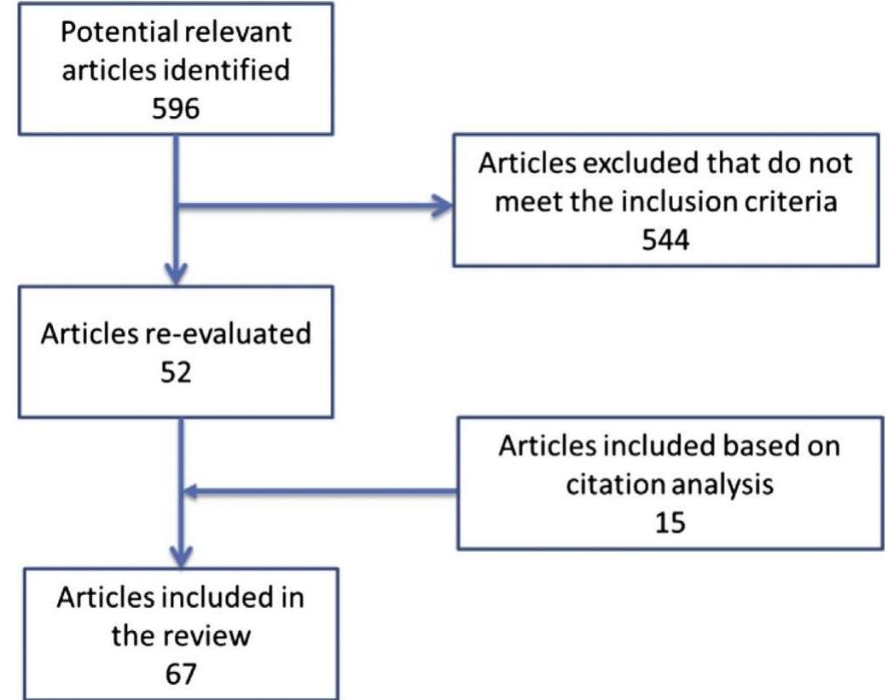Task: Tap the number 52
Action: [174, 372]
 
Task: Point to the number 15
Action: [671, 520]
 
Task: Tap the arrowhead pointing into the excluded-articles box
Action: [442, 204]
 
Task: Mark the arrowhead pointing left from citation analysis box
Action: [194, 491]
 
